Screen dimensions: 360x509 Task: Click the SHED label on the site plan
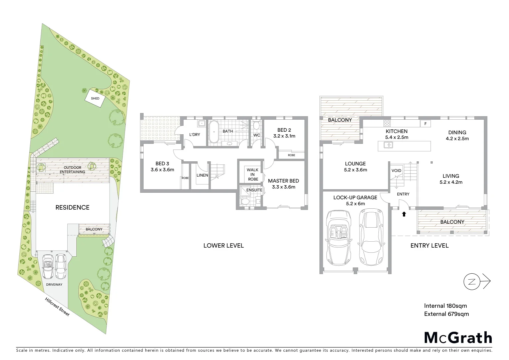[x=95, y=98]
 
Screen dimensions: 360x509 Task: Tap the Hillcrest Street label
[x=57, y=307]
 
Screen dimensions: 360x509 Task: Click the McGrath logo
[x=458, y=337]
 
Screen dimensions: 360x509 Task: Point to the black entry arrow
[x=404, y=214]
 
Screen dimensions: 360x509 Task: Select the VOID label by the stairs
[x=396, y=171]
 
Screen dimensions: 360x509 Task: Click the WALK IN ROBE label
[x=253, y=174]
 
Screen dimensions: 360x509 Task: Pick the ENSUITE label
[x=254, y=190]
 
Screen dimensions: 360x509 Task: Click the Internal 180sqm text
[x=445, y=306]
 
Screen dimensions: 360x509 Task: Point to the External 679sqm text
[x=446, y=314]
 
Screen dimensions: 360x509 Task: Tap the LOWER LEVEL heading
[x=224, y=246]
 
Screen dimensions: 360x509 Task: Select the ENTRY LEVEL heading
[x=429, y=246]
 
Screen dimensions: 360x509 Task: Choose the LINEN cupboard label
[x=202, y=175]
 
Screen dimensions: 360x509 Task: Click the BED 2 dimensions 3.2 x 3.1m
[x=284, y=136]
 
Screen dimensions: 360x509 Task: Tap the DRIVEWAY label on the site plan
[x=54, y=284]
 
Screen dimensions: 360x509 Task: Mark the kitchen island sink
[x=388, y=145]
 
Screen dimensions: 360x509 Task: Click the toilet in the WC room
[x=256, y=126]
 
